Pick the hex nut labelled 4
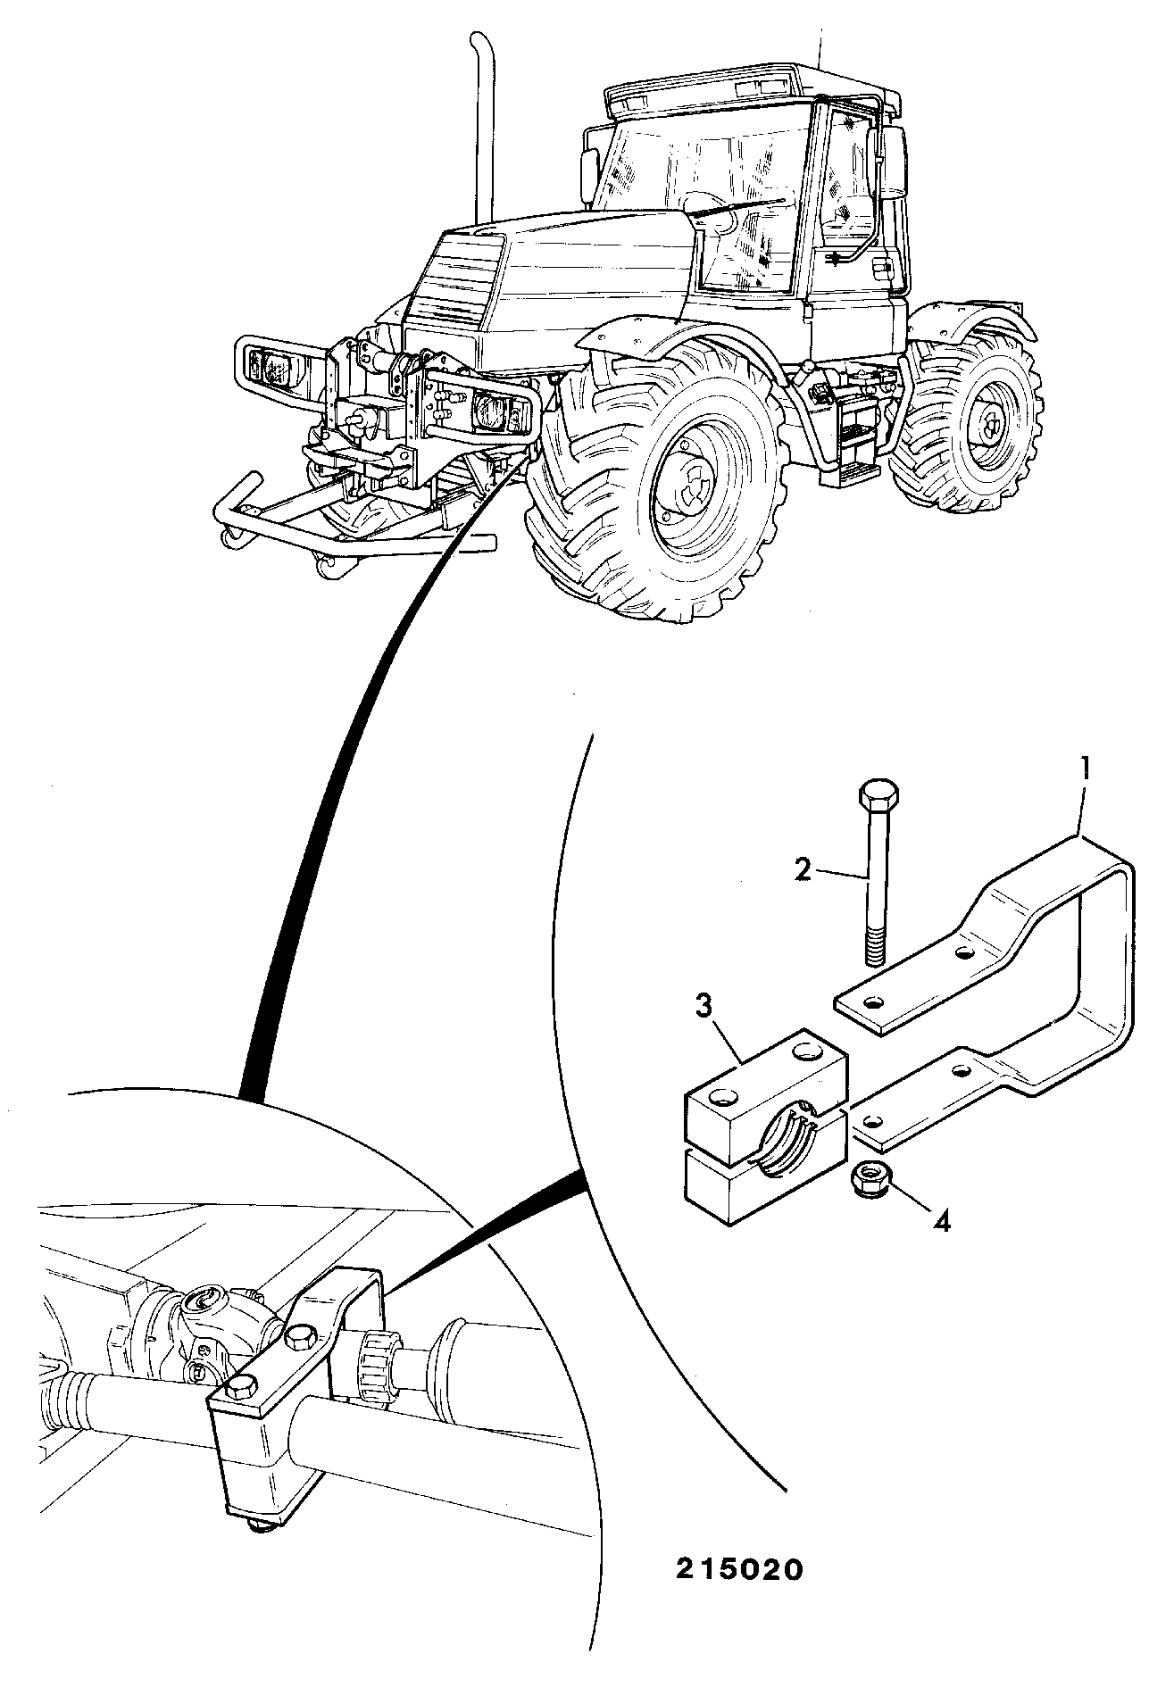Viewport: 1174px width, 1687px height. pos(864,1178)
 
